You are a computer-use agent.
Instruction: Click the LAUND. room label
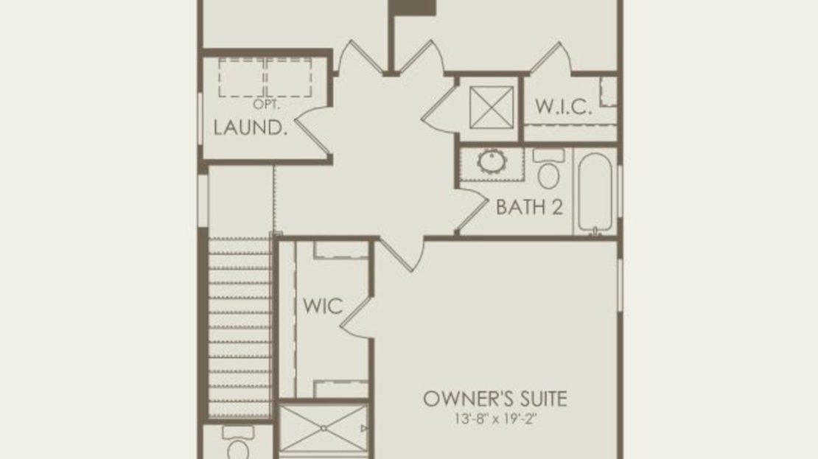(251, 127)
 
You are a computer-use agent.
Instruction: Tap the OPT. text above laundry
(267, 105)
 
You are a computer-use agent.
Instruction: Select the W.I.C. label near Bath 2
(564, 106)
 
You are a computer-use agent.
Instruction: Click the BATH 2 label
(530, 207)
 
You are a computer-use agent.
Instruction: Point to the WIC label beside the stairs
(323, 306)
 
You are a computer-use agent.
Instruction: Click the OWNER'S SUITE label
(495, 399)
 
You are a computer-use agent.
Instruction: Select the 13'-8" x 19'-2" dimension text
(496, 418)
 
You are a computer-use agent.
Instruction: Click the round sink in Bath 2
(492, 161)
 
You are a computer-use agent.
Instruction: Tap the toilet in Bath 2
(548, 169)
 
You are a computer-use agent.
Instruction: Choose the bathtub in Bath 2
(594, 193)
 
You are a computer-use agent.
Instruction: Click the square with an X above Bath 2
(492, 108)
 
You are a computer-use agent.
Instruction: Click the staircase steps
(240, 327)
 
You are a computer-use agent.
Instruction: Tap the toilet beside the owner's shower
(238, 442)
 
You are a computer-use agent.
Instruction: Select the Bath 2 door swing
(472, 210)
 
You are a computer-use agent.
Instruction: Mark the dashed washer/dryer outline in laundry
(265, 77)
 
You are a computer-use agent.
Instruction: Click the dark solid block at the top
(413, 7)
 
